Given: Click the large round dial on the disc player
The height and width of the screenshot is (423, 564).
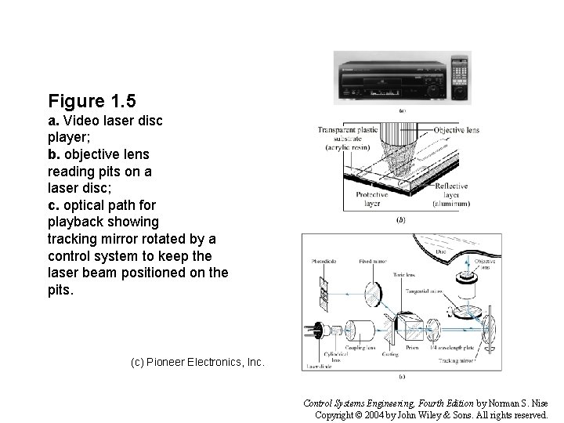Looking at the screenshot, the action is coord(435,92).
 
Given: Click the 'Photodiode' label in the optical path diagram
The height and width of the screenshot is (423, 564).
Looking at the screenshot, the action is coord(324,262).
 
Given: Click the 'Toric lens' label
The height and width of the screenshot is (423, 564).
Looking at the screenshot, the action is coord(404,275).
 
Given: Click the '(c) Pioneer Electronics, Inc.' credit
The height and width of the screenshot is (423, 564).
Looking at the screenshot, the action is coord(197,363).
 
